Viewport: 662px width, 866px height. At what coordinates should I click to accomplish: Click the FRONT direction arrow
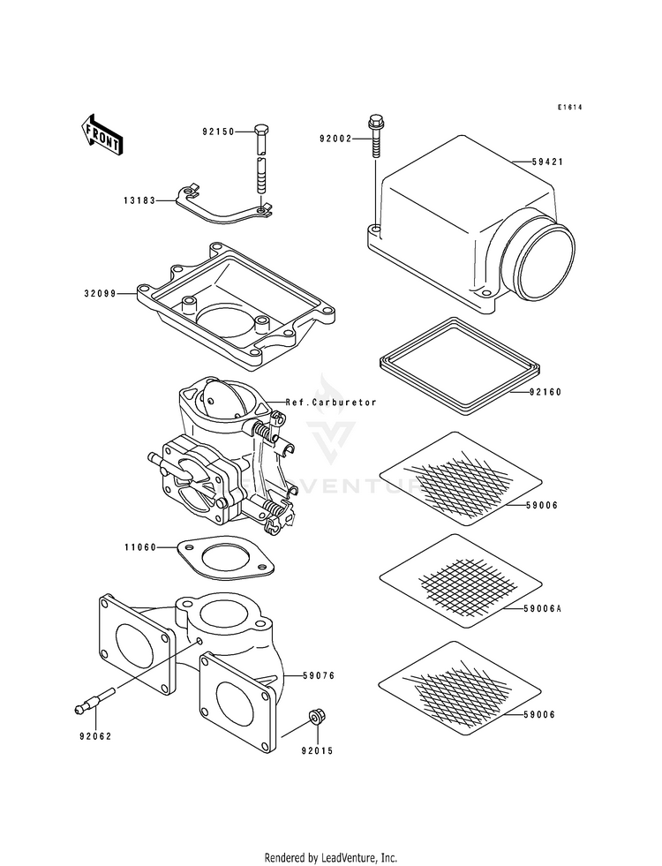(x=102, y=134)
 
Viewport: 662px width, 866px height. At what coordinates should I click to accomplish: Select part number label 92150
(x=217, y=132)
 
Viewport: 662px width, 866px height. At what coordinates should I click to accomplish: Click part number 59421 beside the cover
(x=547, y=162)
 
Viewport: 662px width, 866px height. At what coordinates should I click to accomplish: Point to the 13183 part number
(x=139, y=200)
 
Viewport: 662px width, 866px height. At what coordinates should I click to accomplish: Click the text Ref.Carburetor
(x=331, y=403)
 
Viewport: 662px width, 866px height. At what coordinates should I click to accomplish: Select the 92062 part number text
(x=94, y=734)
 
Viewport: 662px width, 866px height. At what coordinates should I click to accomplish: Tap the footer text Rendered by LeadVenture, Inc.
(x=331, y=857)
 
